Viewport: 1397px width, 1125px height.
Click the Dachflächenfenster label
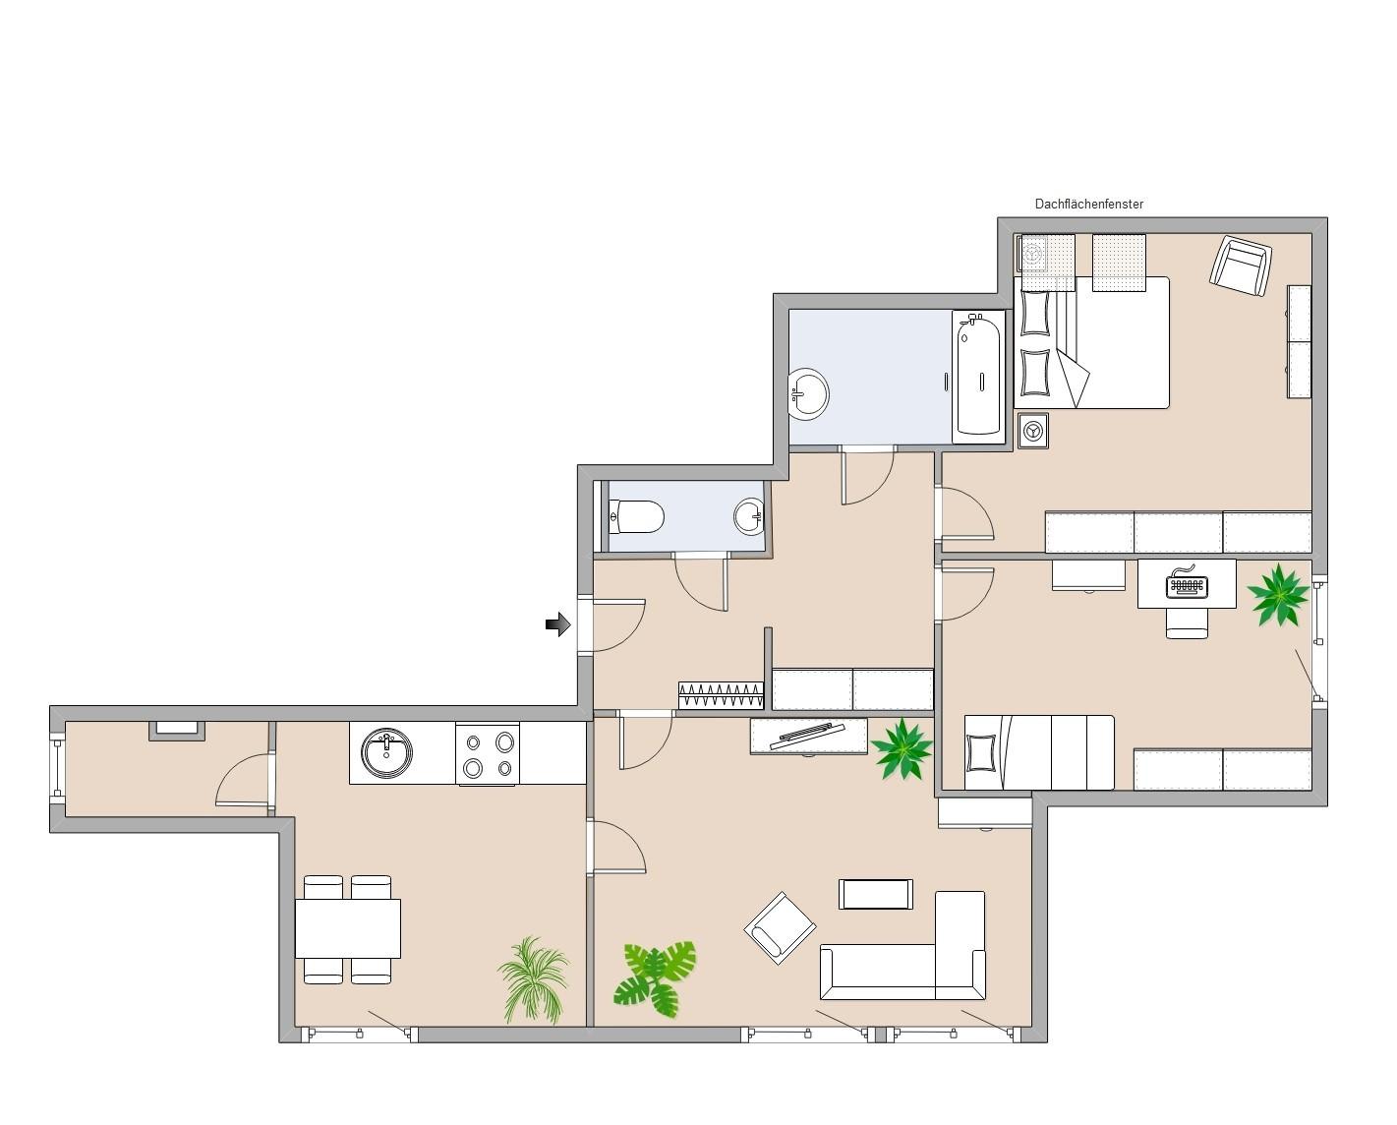1088,204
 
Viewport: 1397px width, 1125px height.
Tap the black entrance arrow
557,624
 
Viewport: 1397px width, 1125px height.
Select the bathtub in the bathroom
978,376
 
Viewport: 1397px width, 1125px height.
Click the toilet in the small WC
636,517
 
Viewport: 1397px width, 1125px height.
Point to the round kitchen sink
387,752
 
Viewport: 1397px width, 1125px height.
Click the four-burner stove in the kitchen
488,754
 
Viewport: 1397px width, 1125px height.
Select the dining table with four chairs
348,928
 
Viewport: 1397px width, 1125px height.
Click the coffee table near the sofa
876,895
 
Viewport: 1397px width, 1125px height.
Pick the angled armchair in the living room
780,927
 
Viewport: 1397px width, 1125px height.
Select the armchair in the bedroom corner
1241,266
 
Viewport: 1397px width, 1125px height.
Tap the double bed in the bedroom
1092,342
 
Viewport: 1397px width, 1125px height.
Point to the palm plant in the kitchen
534,979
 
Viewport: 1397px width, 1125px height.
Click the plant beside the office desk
1278,595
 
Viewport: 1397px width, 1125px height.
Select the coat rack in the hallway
721,695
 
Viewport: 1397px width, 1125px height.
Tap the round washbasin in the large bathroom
808,393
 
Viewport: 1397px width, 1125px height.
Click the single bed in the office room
1039,753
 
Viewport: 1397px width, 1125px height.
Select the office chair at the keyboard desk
1188,622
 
